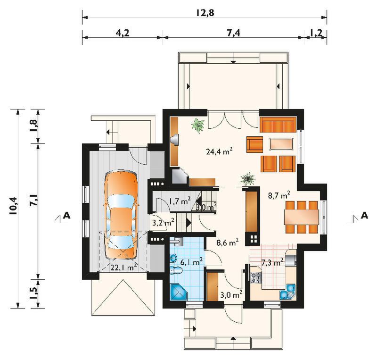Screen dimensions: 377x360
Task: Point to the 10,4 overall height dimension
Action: click(x=14, y=205)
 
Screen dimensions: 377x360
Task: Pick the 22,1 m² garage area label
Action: click(x=124, y=267)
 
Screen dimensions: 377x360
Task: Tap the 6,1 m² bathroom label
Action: click(x=191, y=261)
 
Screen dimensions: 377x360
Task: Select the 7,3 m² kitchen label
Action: click(x=272, y=262)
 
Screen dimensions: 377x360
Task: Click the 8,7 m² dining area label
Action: click(x=279, y=195)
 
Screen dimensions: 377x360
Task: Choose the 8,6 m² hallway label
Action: click(x=228, y=242)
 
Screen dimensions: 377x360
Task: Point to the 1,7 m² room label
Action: click(x=180, y=201)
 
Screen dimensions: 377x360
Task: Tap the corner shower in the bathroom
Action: click(x=179, y=292)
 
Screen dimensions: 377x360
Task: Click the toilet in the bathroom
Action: click(x=176, y=271)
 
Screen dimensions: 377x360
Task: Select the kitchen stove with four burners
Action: click(x=256, y=277)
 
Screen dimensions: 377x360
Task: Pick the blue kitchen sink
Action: click(x=287, y=292)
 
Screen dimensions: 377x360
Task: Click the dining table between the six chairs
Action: click(x=302, y=217)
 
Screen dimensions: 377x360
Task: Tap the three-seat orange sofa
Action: click(x=278, y=125)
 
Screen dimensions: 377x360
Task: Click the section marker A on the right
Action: click(x=364, y=215)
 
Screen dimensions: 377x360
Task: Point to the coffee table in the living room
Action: click(x=281, y=144)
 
